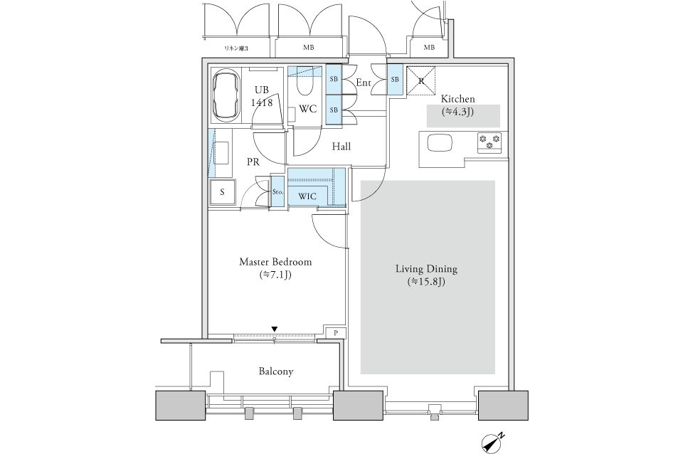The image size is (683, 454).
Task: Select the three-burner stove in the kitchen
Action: click(x=489, y=143)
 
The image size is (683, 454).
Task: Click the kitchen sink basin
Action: click(x=440, y=143)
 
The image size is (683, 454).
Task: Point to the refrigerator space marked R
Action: click(x=420, y=80)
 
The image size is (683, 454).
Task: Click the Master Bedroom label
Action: click(x=275, y=262)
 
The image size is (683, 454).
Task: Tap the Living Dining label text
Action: click(x=426, y=269)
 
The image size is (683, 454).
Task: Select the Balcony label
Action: click(x=276, y=371)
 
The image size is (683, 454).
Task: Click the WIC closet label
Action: click(x=307, y=196)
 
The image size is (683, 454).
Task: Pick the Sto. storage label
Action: click(x=277, y=191)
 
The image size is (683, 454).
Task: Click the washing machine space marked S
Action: click(x=222, y=191)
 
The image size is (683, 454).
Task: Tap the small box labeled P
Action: click(x=335, y=333)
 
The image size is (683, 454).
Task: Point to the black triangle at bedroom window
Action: click(x=275, y=329)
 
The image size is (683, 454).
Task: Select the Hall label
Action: click(x=341, y=147)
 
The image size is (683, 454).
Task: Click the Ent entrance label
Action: click(x=364, y=83)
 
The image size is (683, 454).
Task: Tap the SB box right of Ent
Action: click(x=395, y=80)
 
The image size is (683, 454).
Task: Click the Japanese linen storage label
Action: click(x=235, y=48)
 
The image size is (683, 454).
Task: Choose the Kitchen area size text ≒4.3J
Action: click(x=457, y=112)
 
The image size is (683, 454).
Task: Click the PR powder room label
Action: click(x=253, y=162)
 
